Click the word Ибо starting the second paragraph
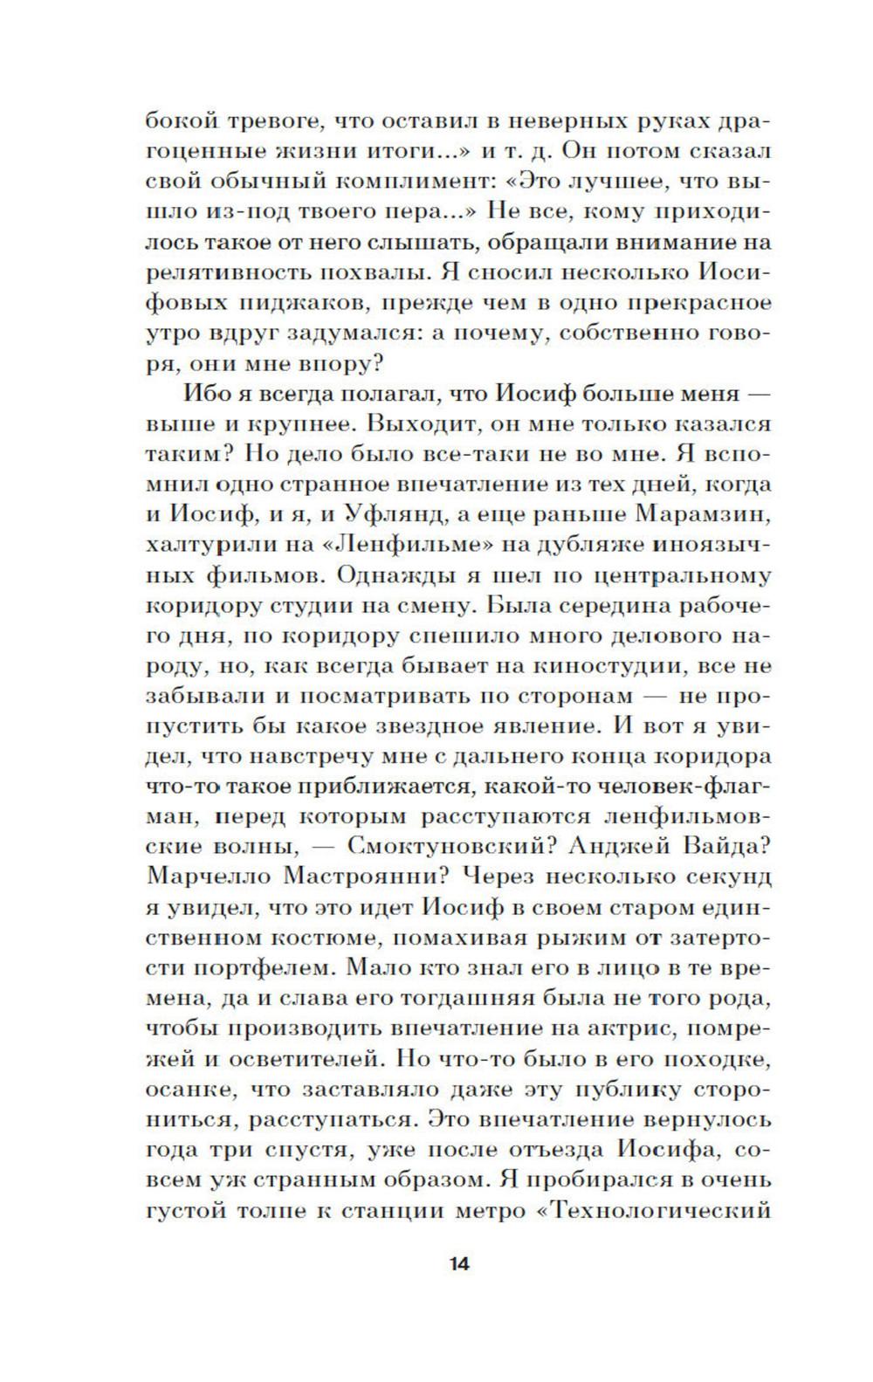(x=202, y=393)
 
